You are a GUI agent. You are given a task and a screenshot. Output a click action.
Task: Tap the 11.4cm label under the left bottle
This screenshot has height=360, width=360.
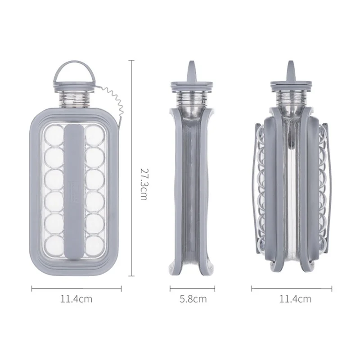(76, 299)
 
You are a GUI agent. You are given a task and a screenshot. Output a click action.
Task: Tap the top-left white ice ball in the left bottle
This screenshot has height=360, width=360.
(54, 134)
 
